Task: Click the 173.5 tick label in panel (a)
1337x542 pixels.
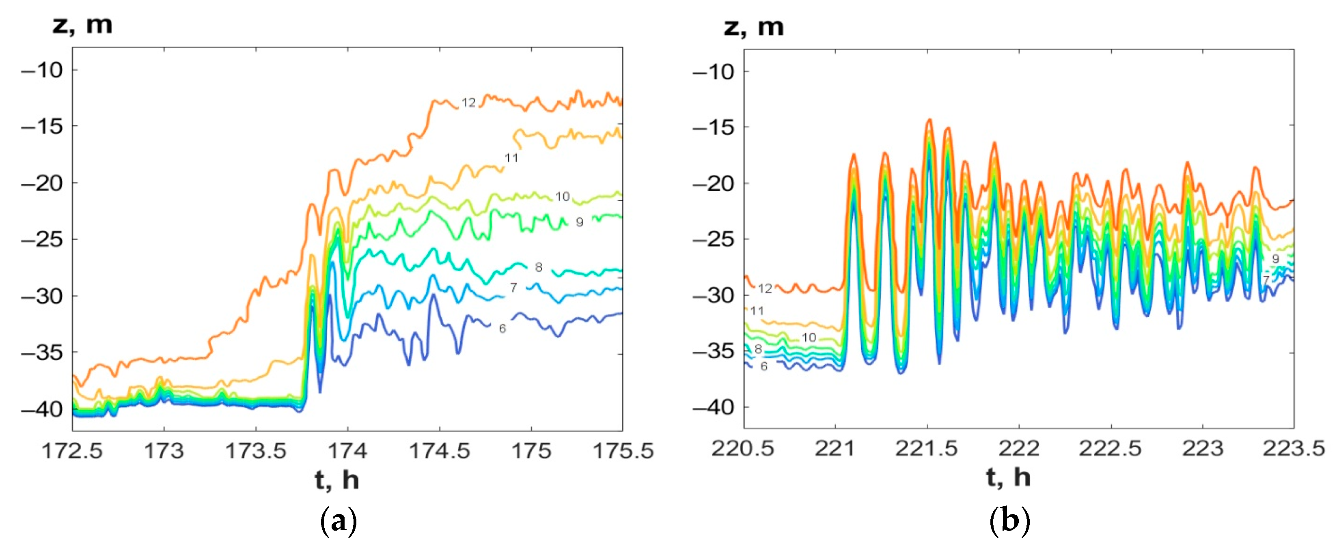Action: (255, 451)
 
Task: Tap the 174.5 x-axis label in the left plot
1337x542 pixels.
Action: (440, 451)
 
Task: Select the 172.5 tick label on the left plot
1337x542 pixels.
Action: (72, 451)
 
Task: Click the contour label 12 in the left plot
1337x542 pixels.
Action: (469, 103)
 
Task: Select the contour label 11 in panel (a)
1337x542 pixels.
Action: (511, 158)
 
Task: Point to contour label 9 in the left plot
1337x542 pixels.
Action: (579, 222)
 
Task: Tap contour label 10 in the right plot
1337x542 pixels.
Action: (809, 338)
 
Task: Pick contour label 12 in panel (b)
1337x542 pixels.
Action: (765, 288)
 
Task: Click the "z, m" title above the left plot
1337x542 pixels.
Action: (82, 24)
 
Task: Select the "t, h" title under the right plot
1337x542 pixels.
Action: (1008, 477)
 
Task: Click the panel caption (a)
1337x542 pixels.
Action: (339, 520)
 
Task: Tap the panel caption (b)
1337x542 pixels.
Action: (1010, 520)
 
